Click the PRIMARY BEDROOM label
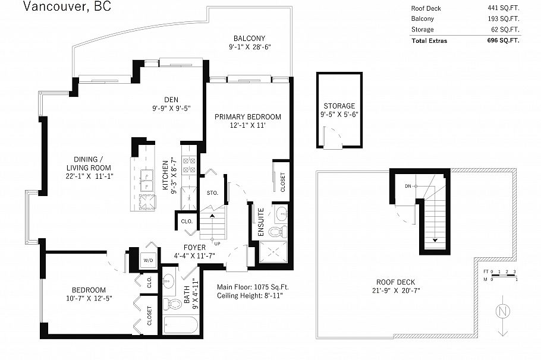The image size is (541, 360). (x=247, y=116)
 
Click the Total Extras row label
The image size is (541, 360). (x=429, y=40)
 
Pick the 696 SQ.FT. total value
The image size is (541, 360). (x=503, y=40)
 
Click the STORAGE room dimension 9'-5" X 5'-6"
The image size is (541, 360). (x=339, y=114)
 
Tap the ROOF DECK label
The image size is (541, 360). (x=395, y=282)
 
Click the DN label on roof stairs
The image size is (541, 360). (x=408, y=187)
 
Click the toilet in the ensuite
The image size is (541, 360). (x=277, y=232)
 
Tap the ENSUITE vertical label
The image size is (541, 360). (x=260, y=222)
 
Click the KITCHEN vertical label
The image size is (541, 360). (x=166, y=175)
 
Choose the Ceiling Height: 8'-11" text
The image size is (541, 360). (x=250, y=295)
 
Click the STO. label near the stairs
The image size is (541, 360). (x=212, y=193)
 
